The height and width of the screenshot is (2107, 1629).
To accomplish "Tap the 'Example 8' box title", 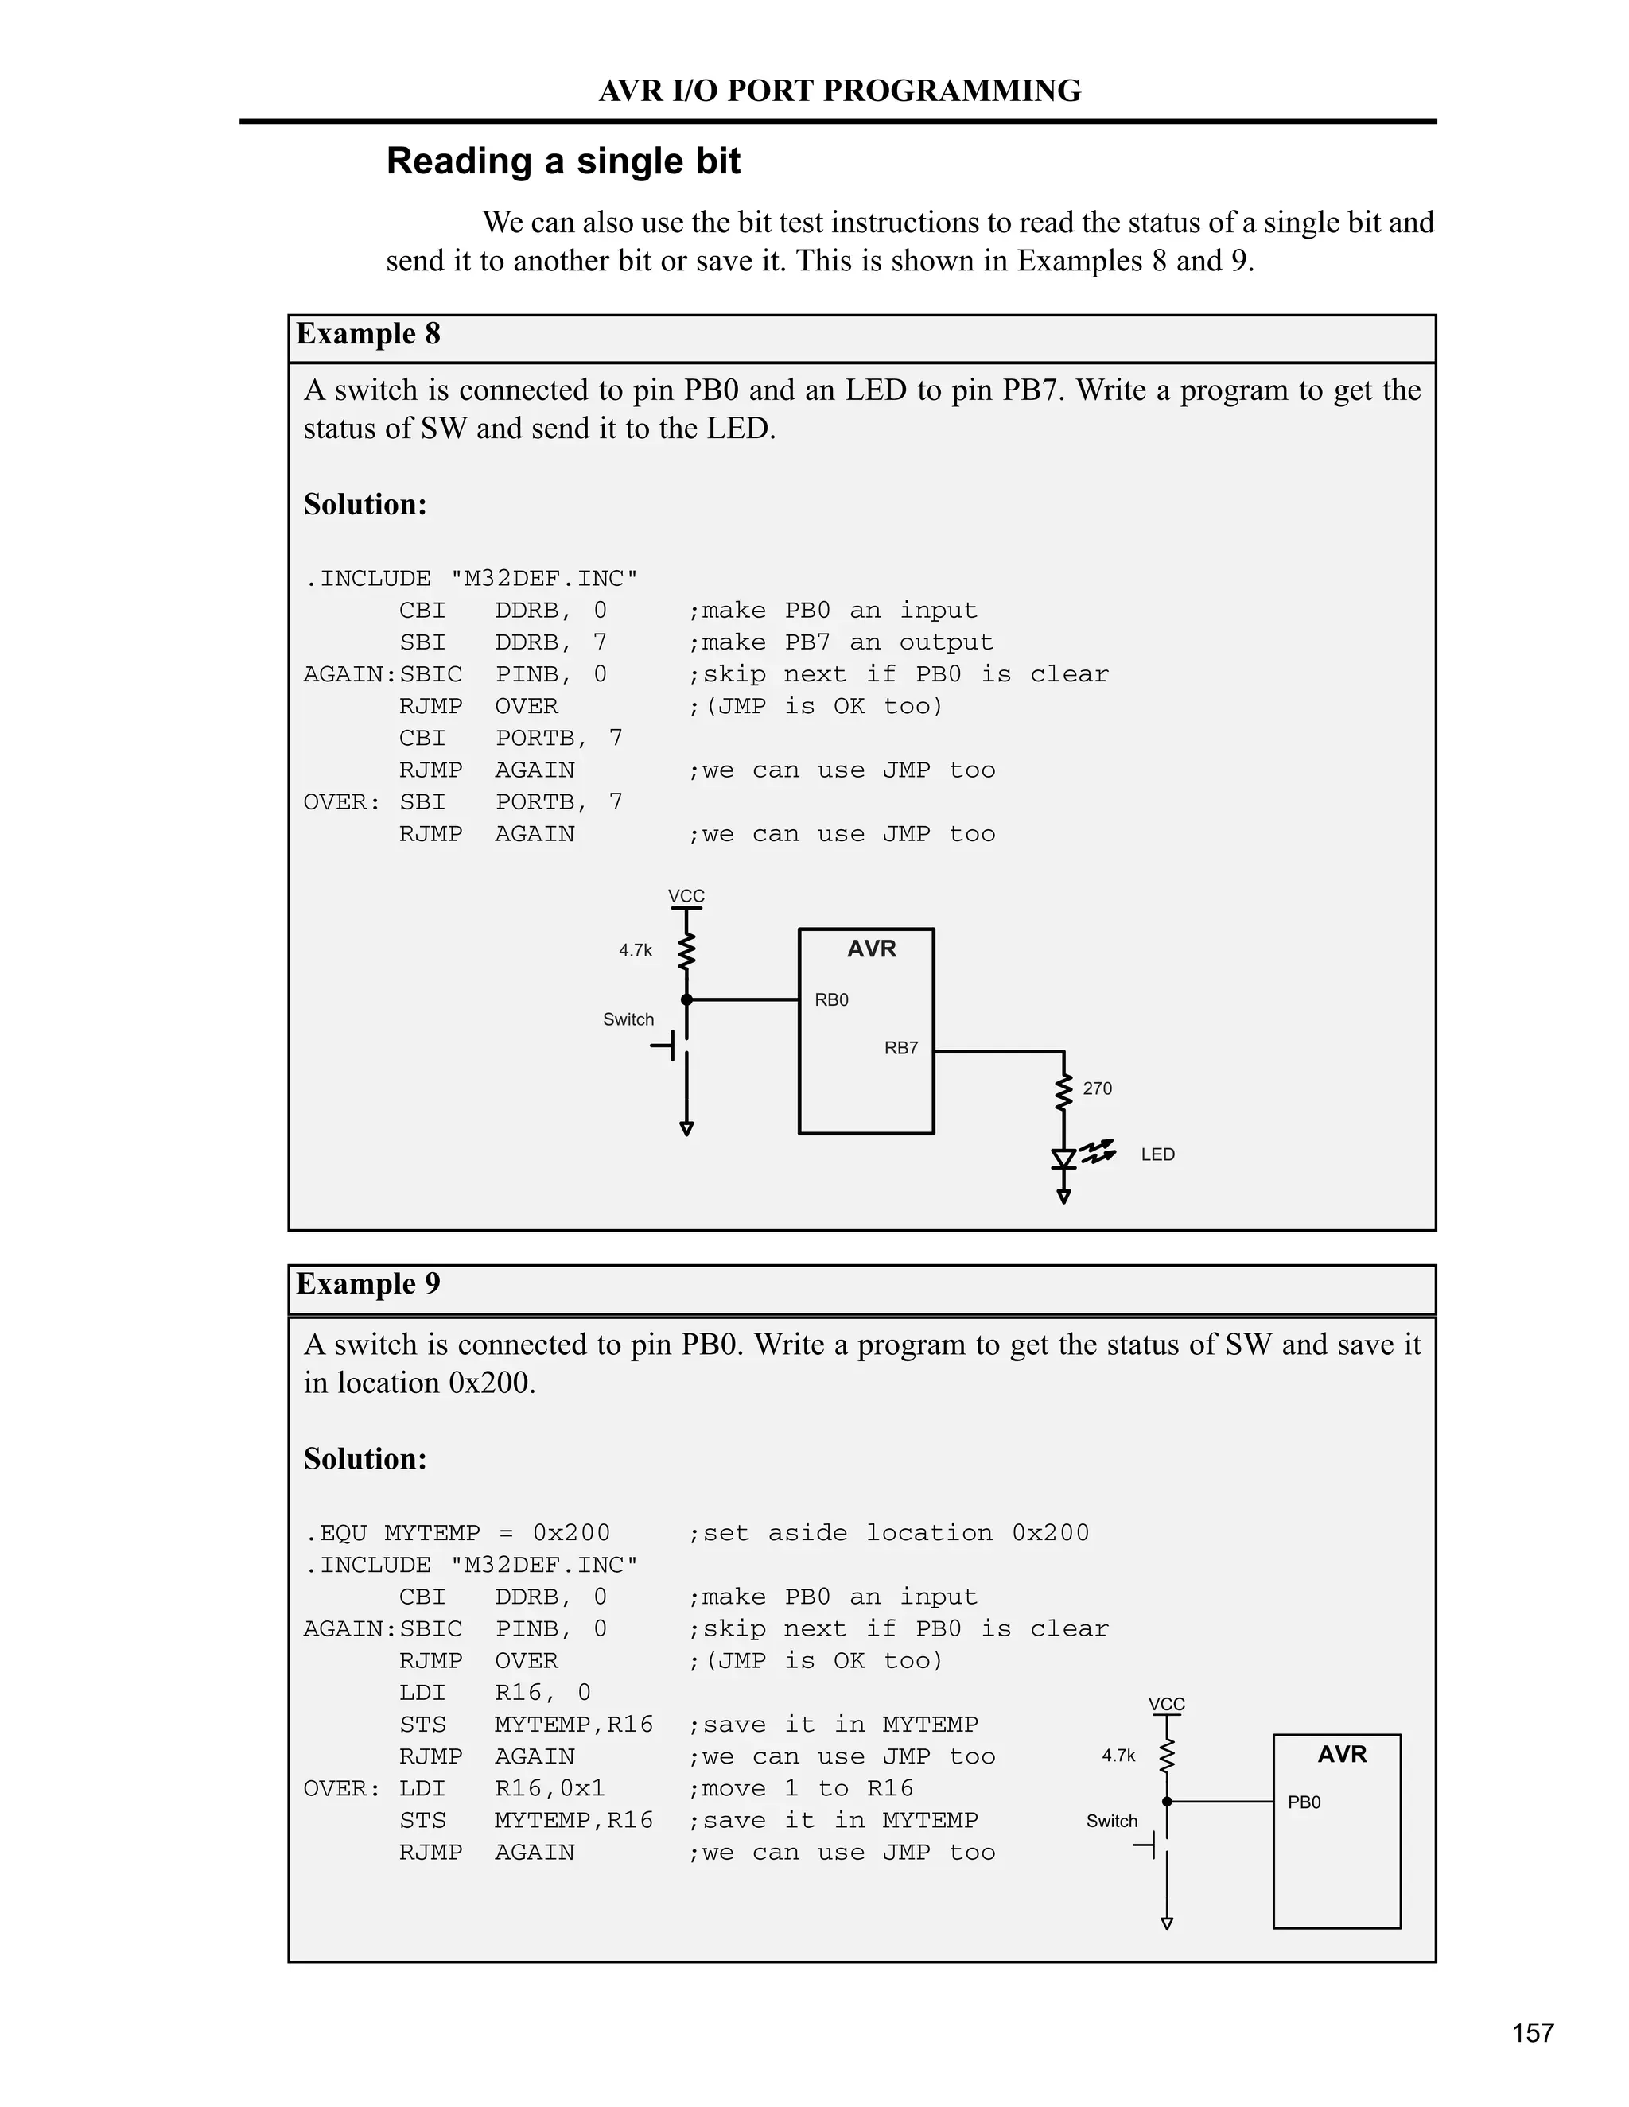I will [x=367, y=334].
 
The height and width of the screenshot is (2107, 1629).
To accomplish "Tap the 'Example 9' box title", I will [x=367, y=1283].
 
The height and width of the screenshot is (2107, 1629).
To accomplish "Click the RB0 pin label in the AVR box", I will [x=831, y=1000].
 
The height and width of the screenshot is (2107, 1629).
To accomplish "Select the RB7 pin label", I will [x=900, y=1049].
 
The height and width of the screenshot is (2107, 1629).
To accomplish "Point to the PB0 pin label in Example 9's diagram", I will [x=1304, y=1802].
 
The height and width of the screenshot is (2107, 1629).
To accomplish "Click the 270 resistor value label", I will [x=1097, y=1088].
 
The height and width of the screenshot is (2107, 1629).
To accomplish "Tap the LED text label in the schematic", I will [x=1157, y=1154].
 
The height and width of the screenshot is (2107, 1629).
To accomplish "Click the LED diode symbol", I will [x=1063, y=1158].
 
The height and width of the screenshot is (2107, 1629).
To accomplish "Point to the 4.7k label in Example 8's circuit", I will [x=635, y=950].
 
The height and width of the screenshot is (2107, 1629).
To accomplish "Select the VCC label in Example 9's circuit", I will [x=1166, y=1705].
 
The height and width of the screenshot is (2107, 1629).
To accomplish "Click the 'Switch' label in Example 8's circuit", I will [x=628, y=1020].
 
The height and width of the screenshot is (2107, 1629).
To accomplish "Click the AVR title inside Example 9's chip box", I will [x=1341, y=1754].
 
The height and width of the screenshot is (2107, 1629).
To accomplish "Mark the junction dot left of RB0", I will [x=686, y=1000].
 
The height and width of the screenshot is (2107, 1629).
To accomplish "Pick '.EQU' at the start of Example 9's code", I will [x=336, y=1533].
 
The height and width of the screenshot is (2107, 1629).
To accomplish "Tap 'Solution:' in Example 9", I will [x=365, y=1459].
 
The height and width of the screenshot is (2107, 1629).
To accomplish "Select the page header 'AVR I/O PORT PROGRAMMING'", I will [x=840, y=91].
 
